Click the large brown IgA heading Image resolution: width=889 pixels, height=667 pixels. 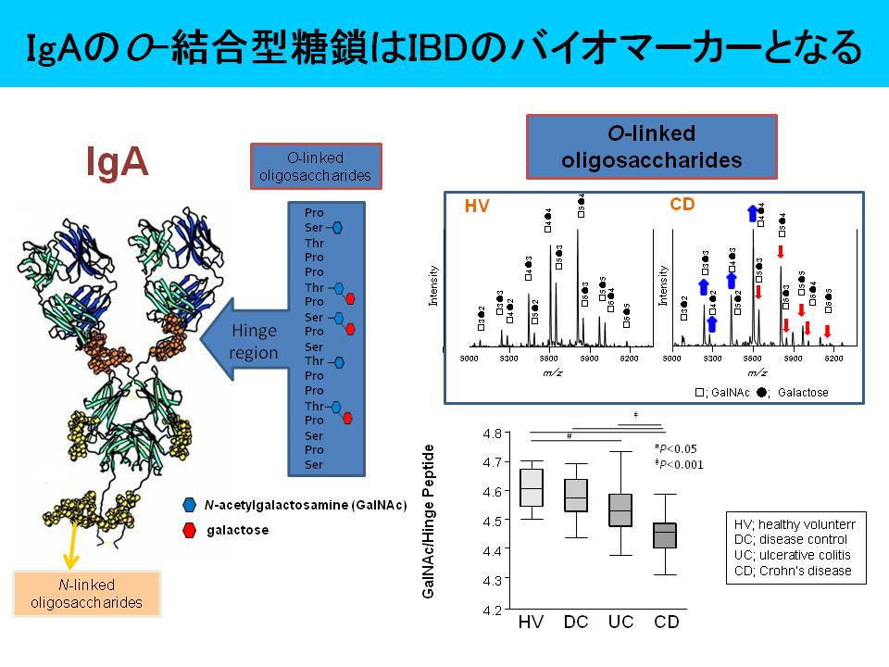117,161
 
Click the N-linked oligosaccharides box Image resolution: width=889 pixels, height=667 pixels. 87,594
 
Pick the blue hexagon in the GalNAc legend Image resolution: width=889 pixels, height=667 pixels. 190,504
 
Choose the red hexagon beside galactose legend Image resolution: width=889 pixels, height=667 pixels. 190,530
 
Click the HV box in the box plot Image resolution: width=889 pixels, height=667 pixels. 532,487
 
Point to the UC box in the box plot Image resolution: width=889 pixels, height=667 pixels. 620,510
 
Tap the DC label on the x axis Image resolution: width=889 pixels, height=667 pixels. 576,621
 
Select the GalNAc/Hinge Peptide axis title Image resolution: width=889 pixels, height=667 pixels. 429,522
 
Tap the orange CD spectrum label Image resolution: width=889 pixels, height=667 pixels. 682,203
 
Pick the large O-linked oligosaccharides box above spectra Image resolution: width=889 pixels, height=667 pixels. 651,146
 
